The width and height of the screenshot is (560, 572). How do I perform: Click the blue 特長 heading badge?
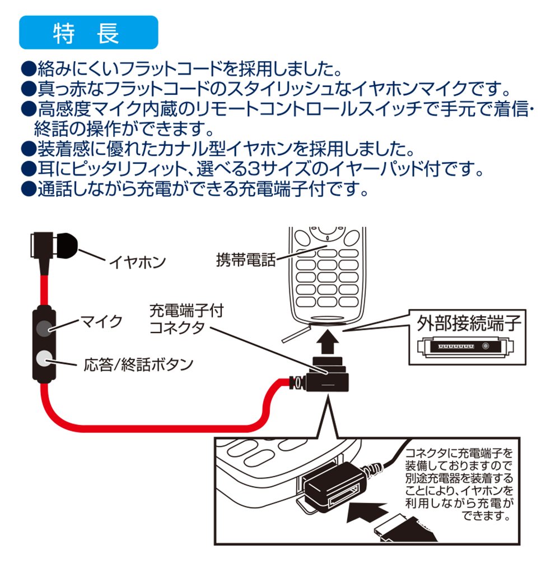tap(88, 33)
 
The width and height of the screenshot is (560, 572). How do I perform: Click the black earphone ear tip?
tap(67, 246)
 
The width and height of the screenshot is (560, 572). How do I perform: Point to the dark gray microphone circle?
tap(44, 328)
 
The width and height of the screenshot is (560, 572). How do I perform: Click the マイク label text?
tap(101, 322)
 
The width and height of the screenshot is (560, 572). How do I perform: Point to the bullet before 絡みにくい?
tap(27, 70)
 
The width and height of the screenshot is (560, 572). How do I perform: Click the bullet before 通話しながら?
tap(27, 190)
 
